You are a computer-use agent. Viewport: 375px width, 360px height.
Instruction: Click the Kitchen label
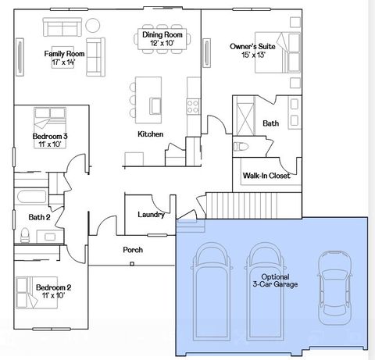pos(150,134)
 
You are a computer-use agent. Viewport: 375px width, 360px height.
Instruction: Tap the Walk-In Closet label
pos(266,176)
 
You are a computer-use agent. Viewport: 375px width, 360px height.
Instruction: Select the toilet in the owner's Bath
pos(240,147)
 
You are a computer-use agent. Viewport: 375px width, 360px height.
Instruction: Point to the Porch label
pos(133,250)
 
